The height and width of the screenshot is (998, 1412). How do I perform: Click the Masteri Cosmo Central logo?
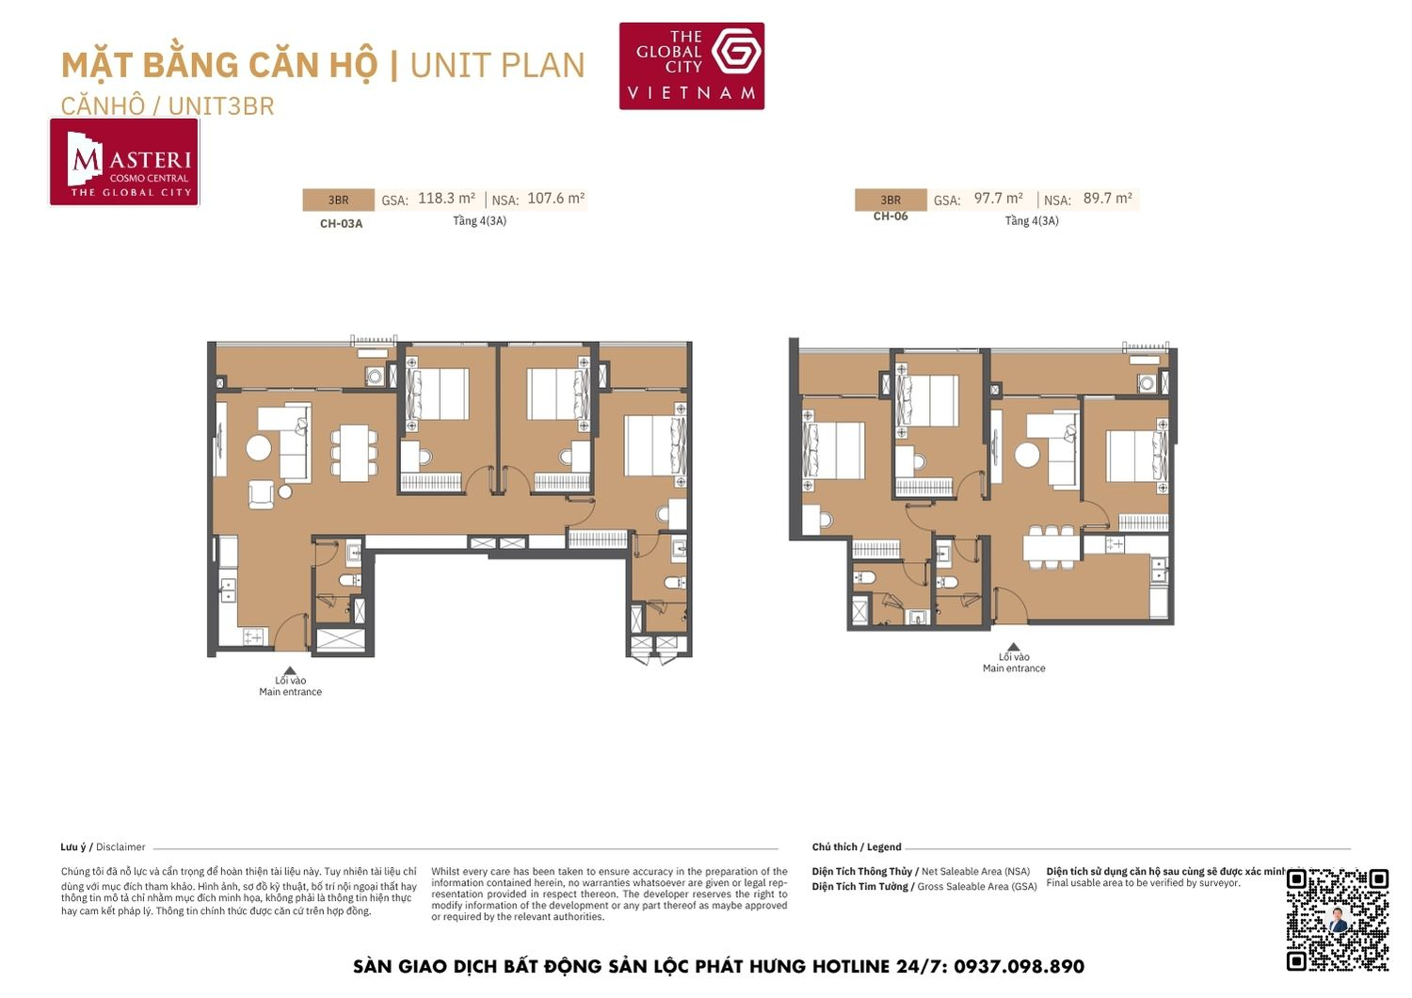click(124, 162)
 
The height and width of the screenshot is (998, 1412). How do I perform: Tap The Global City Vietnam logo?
click(692, 66)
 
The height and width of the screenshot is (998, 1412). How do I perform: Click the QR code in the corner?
click(1337, 920)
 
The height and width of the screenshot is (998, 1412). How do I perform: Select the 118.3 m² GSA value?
click(446, 199)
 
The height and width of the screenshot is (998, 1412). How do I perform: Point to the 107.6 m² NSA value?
click(555, 199)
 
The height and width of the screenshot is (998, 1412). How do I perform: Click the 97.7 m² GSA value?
click(998, 199)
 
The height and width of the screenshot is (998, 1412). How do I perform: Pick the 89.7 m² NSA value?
click(1107, 199)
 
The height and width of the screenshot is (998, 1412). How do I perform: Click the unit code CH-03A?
click(341, 224)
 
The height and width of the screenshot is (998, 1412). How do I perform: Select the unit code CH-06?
click(891, 217)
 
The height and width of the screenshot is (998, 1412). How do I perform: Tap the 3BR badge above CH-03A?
click(338, 200)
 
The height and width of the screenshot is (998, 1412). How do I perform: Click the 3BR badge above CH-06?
click(891, 200)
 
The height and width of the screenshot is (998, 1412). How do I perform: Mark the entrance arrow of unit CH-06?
click(1014, 647)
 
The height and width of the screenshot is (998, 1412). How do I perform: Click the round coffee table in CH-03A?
click(259, 448)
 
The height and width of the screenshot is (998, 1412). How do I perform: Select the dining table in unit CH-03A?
click(355, 453)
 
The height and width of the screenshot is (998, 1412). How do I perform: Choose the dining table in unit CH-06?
click(1051, 547)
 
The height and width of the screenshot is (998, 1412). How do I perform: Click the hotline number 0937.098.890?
click(1019, 967)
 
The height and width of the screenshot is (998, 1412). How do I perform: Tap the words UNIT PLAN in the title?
click(497, 66)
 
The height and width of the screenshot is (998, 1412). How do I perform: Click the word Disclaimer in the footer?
click(120, 847)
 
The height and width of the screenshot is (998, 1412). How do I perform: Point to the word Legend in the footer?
click(884, 847)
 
